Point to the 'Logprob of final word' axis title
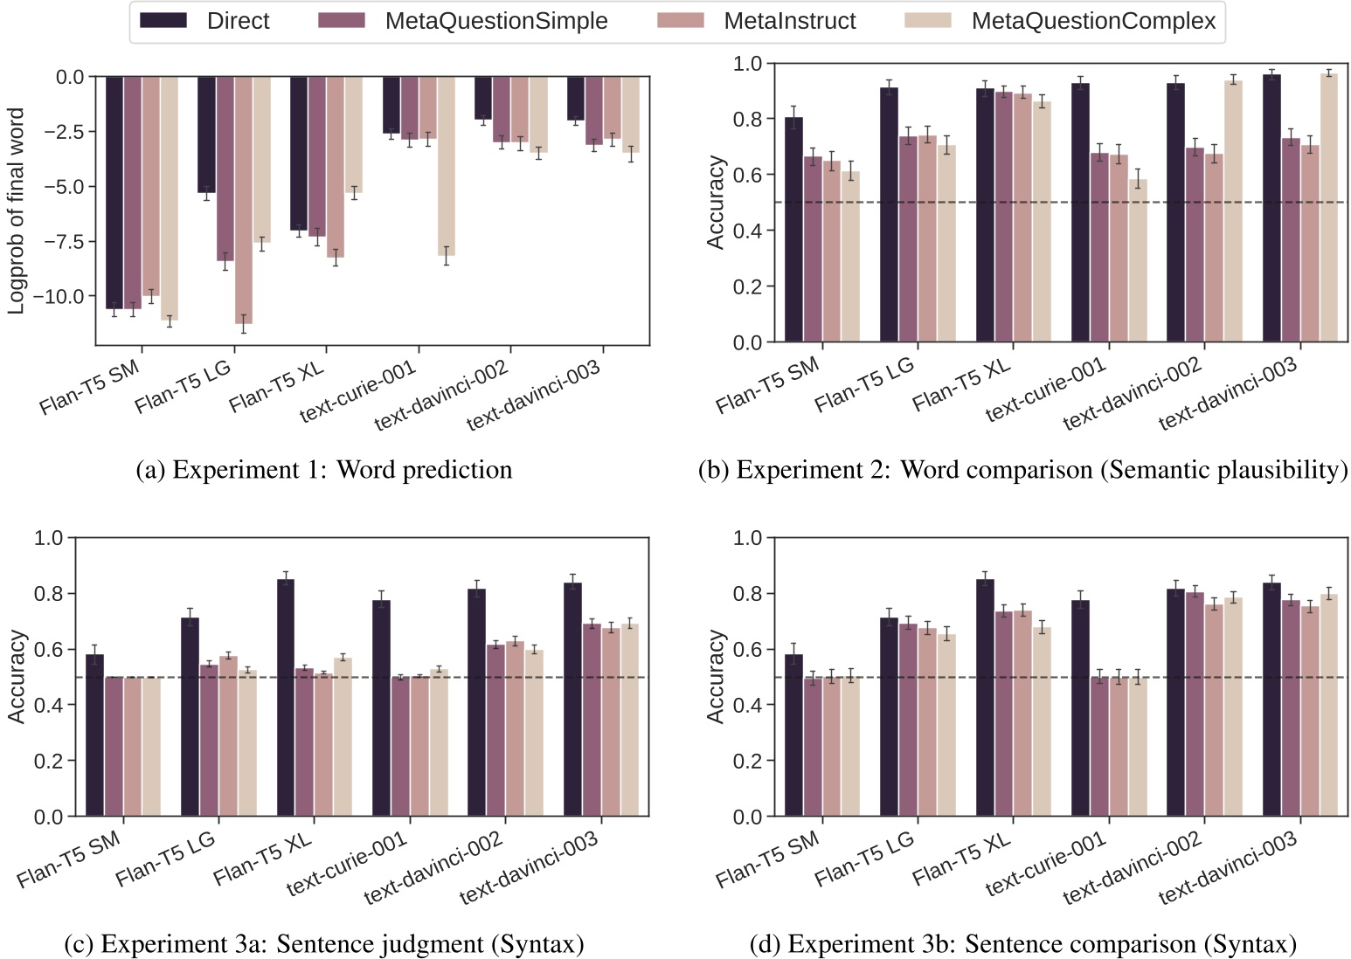[x=16, y=210]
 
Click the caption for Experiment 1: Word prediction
[x=324, y=470]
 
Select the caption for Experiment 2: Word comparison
[x=1022, y=470]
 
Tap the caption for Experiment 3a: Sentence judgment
[x=324, y=944]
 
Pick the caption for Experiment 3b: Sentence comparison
[x=1022, y=944]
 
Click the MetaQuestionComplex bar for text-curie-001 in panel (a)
[x=447, y=166]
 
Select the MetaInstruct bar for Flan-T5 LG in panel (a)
[x=243, y=200]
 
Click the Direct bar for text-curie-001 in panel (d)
[x=1080, y=707]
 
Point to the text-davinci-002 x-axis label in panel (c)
[x=434, y=868]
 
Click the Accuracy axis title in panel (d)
[x=716, y=677]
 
